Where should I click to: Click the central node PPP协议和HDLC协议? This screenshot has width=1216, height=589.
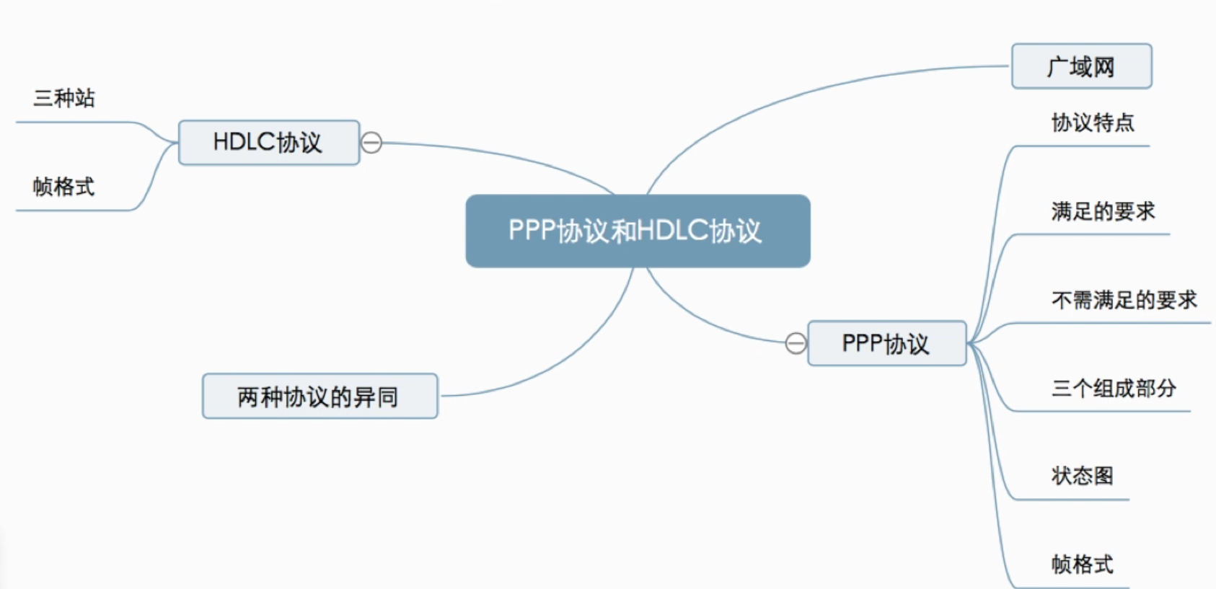pos(638,231)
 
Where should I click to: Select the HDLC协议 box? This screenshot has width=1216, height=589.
pos(268,143)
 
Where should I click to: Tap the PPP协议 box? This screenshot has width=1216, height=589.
pos(886,344)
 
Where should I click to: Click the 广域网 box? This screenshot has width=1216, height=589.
pos(1081,67)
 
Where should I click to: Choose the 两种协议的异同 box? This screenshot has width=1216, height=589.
pos(320,397)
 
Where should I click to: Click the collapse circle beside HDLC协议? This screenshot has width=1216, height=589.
pos(371,143)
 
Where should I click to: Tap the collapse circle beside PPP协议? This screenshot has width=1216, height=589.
pos(796,344)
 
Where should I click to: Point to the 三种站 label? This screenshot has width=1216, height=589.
pos(64,98)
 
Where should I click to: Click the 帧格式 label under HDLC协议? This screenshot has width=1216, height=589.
pos(63,187)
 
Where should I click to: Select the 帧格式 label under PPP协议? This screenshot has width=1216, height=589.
pos(1082,564)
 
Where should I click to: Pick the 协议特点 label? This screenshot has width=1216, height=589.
pos(1093,123)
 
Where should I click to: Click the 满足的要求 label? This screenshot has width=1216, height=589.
pos(1103,211)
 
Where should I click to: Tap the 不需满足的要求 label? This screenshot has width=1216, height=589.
pos(1124,300)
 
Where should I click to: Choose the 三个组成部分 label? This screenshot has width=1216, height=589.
pos(1114,389)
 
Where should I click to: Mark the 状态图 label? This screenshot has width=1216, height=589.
pos(1082,476)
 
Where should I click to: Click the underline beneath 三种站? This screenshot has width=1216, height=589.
pos(72,123)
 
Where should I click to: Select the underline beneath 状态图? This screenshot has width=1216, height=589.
pos(1075,500)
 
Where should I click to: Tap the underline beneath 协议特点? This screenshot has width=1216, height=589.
pos(1082,146)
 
